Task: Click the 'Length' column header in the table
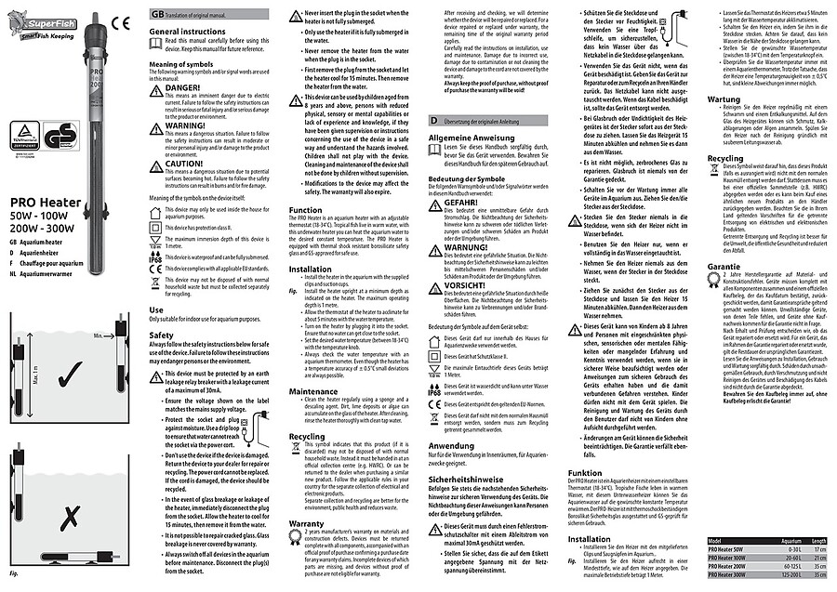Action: [818, 540]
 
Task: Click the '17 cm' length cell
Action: [818, 549]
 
